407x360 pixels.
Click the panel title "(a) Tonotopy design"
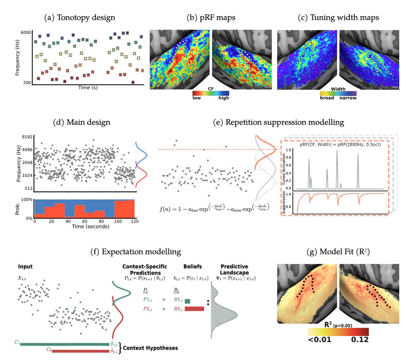point(80,18)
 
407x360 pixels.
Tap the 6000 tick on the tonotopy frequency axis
point(26,33)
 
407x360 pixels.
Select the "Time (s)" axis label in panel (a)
point(88,88)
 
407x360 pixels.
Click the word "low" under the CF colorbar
point(197,98)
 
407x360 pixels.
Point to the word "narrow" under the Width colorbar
point(348,98)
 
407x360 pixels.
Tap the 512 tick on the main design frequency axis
point(28,188)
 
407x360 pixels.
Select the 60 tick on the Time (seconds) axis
point(84,222)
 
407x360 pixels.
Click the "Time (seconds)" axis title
point(91,226)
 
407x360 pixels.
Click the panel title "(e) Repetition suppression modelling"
point(278,122)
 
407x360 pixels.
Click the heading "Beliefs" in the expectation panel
point(193,267)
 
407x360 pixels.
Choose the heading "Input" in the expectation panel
point(25,267)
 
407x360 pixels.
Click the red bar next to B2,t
point(194,309)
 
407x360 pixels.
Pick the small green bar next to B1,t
point(187,301)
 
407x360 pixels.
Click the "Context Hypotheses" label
point(150,348)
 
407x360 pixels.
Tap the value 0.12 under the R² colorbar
point(360,339)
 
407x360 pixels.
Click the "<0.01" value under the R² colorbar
point(319,339)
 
